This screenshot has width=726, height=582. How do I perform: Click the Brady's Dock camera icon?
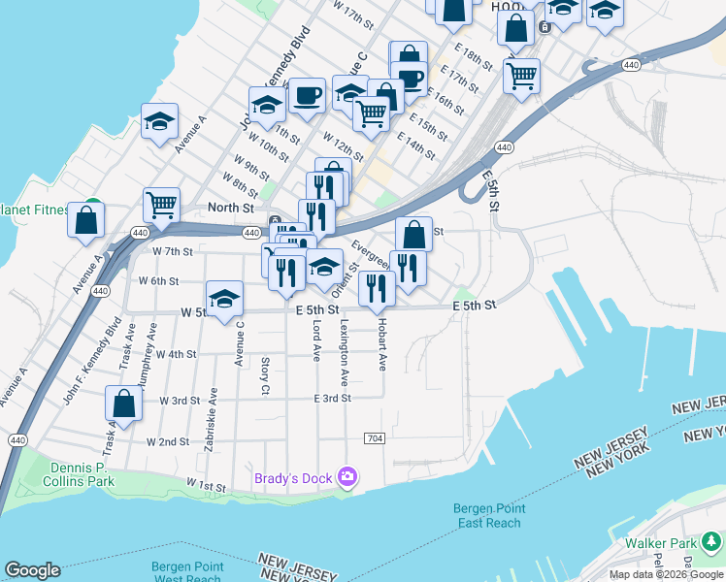[348, 477]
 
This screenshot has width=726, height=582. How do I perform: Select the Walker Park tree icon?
[714, 541]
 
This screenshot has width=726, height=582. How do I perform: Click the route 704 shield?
[375, 439]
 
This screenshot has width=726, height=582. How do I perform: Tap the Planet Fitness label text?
[34, 210]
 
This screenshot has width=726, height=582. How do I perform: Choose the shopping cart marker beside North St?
[161, 205]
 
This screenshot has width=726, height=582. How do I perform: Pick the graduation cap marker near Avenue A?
[159, 121]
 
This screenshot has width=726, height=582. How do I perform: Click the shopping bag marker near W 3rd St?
[123, 403]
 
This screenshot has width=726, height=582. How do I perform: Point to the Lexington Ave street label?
[344, 351]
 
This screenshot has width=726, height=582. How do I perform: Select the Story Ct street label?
[265, 375]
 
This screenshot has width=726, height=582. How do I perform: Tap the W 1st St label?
[205, 485]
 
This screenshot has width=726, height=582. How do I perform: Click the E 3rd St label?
[331, 399]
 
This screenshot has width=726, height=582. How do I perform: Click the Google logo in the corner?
[32, 570]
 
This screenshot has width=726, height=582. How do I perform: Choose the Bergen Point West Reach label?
[185, 572]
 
